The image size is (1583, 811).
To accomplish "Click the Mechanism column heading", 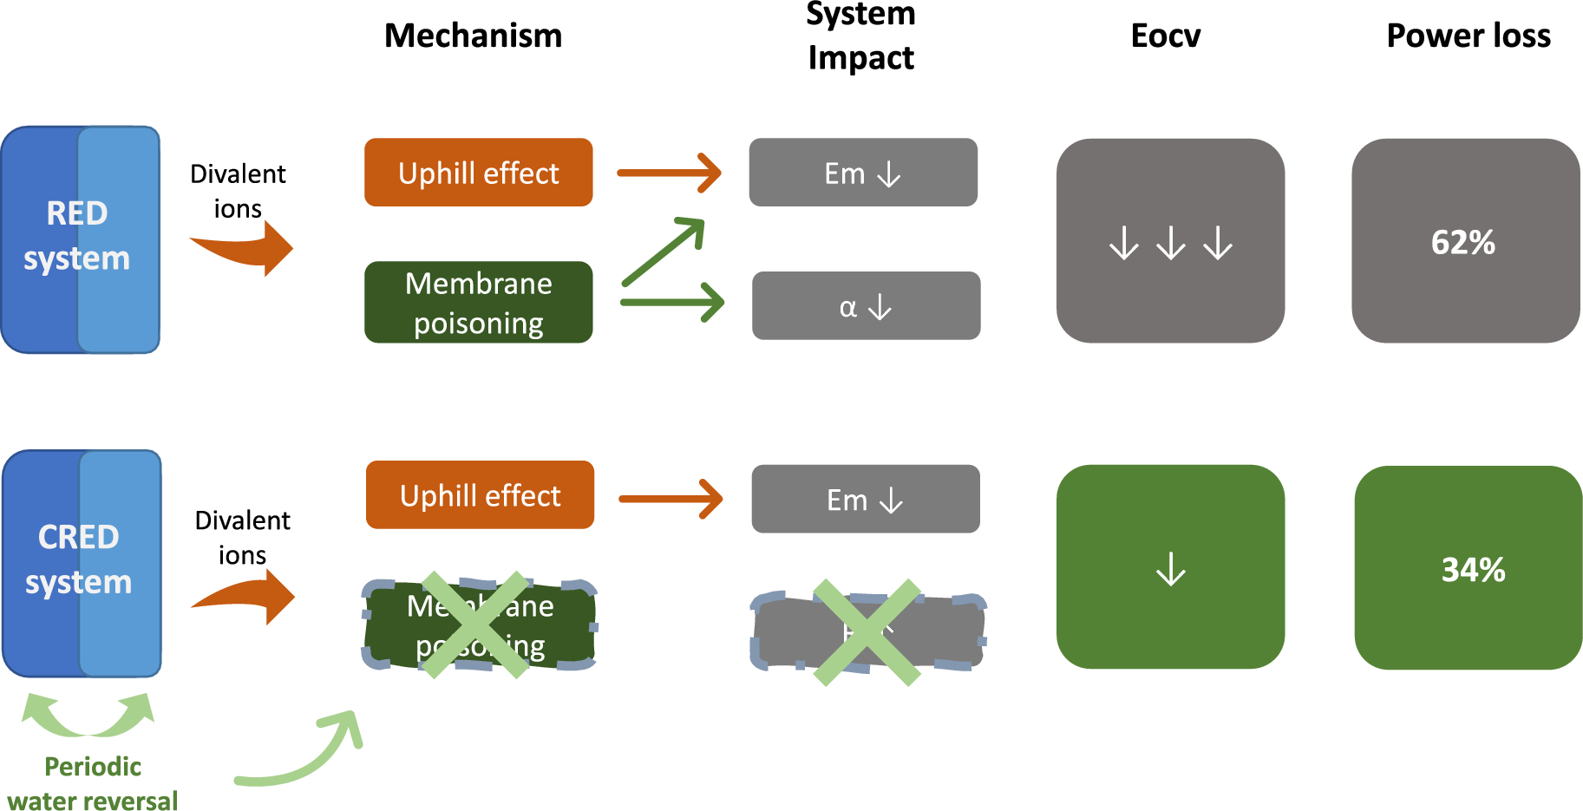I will point(473,36).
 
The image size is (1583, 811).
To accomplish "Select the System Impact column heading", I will point(860,36).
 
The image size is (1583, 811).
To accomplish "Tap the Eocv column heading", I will point(1165,36).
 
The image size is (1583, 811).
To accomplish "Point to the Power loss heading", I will point(1468,36).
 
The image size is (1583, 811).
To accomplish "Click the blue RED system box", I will point(80,239).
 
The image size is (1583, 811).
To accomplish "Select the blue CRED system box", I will point(82,563).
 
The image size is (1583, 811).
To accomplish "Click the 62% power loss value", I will point(1463,242).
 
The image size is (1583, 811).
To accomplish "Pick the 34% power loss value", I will point(1472,570).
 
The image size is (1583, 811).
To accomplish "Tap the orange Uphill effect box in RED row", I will point(478,173).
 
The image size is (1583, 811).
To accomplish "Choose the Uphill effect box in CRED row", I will point(480,495).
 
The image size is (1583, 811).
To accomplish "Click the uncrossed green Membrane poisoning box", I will point(478,303).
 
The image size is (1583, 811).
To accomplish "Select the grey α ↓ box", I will point(866,306).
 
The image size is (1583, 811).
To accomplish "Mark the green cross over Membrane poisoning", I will point(474,625).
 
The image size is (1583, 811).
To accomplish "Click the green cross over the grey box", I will point(867,632).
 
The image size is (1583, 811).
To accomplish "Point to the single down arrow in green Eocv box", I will point(1170,569).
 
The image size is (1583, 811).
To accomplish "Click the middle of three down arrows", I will point(1170,243).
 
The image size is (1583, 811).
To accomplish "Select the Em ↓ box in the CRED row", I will point(865,500).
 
